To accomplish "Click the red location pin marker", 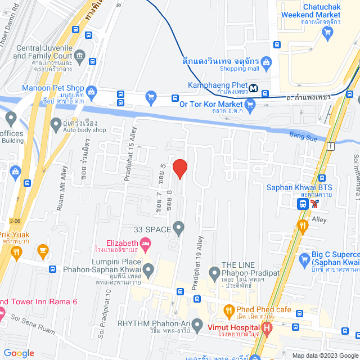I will click(x=179, y=169).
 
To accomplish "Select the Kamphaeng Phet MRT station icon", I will click(x=254, y=88).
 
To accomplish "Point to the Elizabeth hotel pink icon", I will click(x=146, y=244).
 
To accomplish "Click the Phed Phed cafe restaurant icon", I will click(x=228, y=309).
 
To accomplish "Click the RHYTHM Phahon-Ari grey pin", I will click(x=197, y=325).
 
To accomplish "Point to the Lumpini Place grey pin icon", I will click(x=148, y=271).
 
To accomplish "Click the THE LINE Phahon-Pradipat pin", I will click(x=214, y=274).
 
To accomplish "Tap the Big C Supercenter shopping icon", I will click(x=305, y=259).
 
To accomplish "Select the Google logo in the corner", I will click(x=19, y=353).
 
